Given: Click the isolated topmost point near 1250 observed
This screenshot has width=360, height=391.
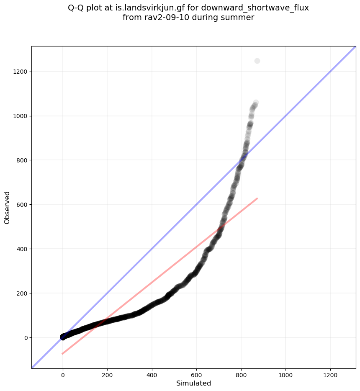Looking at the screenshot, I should click(257, 61).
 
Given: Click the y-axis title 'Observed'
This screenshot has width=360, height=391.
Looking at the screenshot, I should click(7, 207).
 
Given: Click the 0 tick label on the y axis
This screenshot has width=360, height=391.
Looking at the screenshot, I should click(26, 337).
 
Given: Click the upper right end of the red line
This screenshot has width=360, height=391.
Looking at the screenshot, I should click(257, 198).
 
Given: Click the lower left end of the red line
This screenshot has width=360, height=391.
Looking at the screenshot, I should click(62, 354).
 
